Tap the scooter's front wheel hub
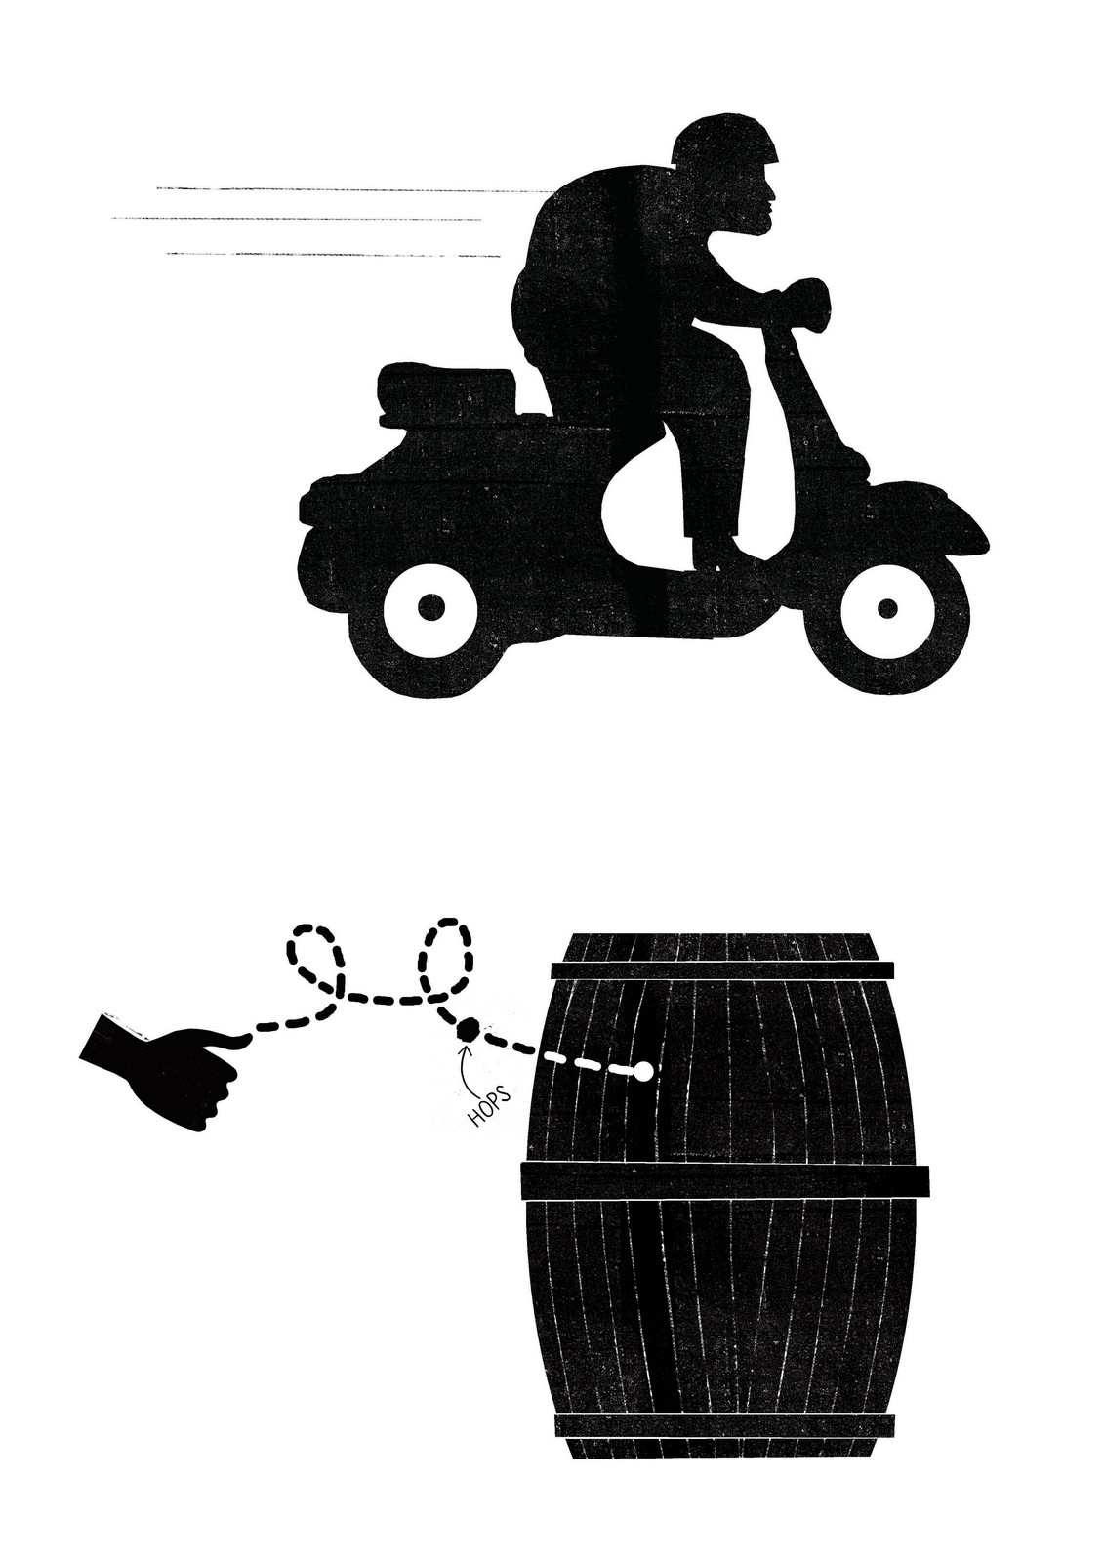click(x=886, y=608)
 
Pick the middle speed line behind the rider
click(x=293, y=219)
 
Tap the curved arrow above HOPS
click(x=461, y=1059)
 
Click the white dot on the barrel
click(x=642, y=1073)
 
